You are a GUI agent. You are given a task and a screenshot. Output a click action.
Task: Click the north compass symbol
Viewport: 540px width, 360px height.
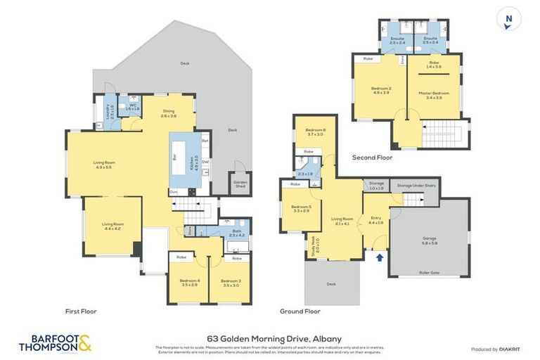(508, 18)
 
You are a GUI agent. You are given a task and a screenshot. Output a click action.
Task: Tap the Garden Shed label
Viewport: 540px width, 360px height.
(240, 184)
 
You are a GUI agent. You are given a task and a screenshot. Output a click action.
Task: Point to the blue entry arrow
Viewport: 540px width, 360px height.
(380, 257)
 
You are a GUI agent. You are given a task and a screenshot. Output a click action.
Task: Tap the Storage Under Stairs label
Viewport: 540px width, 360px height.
(413, 186)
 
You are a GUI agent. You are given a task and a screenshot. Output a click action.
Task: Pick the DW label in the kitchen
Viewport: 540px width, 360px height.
(205, 163)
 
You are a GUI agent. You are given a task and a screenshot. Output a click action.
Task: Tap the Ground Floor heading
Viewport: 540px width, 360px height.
(300, 311)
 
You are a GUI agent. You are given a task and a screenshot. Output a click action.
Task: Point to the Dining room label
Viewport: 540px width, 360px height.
(169, 112)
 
